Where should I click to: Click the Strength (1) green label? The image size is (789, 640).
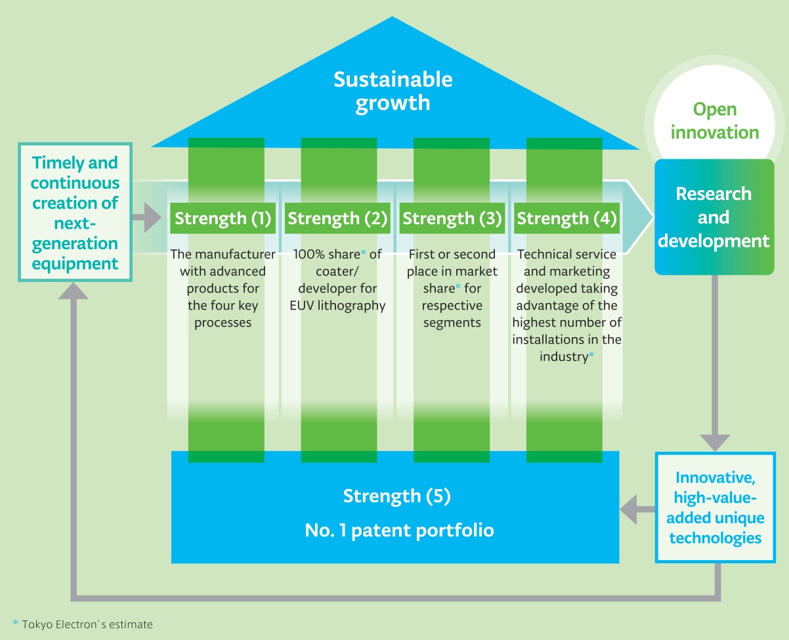[x=223, y=218]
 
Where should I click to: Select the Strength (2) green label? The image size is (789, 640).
[x=337, y=218]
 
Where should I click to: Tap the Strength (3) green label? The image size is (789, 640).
[x=452, y=218]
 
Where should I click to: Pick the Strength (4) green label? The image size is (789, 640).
[x=566, y=218]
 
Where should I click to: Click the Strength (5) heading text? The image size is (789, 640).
[x=396, y=496]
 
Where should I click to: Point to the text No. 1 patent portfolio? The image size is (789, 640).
[x=399, y=530]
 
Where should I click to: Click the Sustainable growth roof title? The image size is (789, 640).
[x=393, y=90]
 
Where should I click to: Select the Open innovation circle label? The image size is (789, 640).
[x=715, y=121]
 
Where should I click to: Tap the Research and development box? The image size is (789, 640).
[x=714, y=217]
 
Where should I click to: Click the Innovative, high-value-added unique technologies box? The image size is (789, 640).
[x=715, y=508]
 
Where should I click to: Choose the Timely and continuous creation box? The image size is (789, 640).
[x=75, y=213]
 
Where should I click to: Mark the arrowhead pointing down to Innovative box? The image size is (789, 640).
[x=715, y=441]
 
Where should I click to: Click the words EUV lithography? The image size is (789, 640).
[x=337, y=306]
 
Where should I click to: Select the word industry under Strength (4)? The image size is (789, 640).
[x=563, y=357]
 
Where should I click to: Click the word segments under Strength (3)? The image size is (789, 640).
[x=452, y=323]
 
